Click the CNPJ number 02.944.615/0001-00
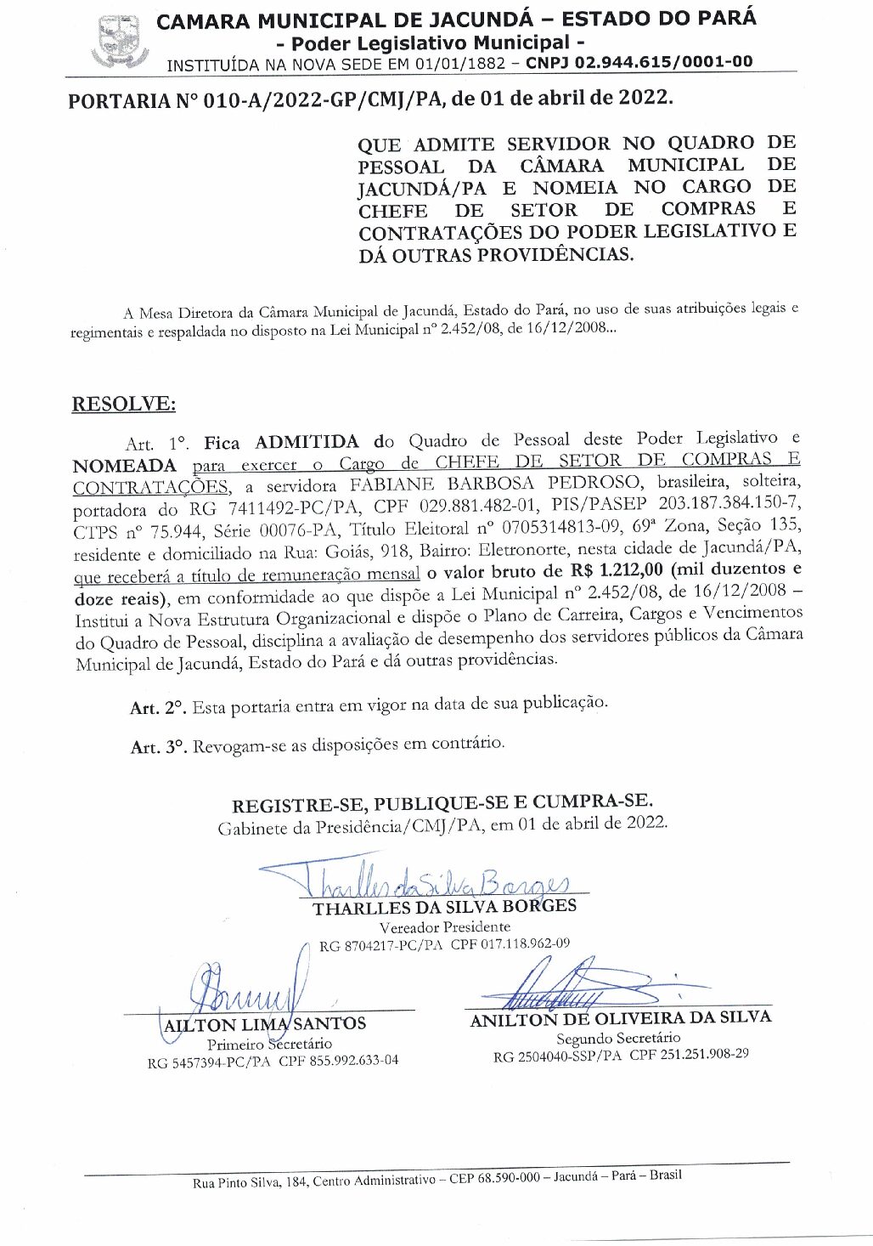(x=639, y=62)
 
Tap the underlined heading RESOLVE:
(x=124, y=404)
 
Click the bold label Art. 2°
(x=158, y=708)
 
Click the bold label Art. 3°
(x=158, y=747)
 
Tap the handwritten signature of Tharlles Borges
(x=425, y=882)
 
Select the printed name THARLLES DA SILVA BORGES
(x=444, y=907)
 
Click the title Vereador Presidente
(x=444, y=926)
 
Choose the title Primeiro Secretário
(x=269, y=1044)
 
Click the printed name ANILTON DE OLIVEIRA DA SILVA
(x=621, y=1018)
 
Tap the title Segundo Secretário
(x=618, y=1038)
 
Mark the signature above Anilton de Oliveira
(x=577, y=986)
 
